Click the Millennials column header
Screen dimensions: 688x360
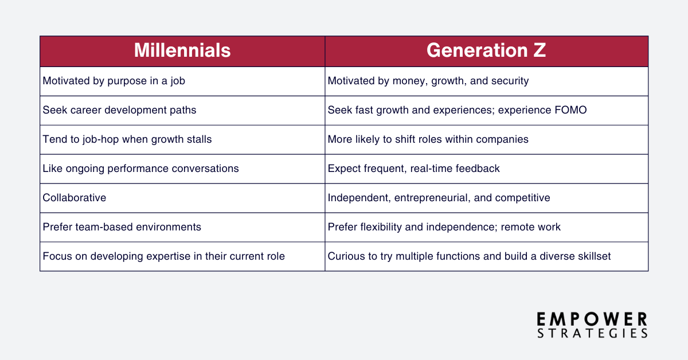(182, 50)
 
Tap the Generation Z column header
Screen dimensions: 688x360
(486, 50)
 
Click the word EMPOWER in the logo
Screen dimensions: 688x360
(592, 319)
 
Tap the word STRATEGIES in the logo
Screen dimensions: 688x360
(592, 333)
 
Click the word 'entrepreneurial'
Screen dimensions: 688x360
(432, 198)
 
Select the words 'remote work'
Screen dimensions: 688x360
(530, 227)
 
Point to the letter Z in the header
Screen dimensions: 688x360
(540, 50)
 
